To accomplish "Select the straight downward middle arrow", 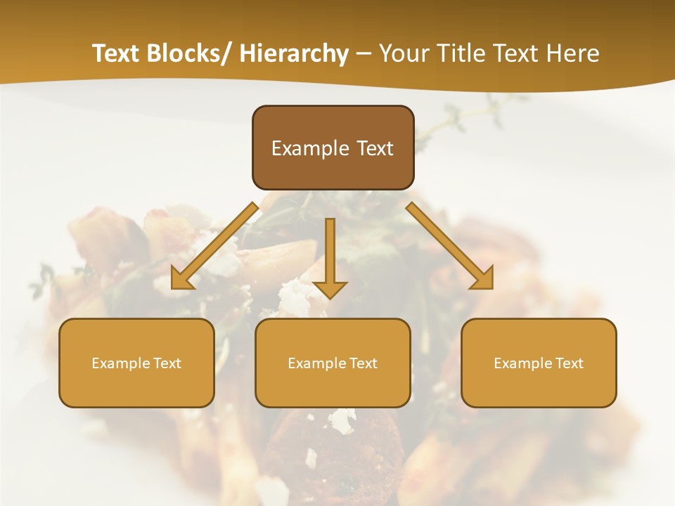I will (x=330, y=253).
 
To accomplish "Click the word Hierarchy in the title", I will (x=294, y=53).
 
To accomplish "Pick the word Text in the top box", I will (x=373, y=148).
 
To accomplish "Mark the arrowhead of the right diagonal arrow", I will (x=482, y=278).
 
